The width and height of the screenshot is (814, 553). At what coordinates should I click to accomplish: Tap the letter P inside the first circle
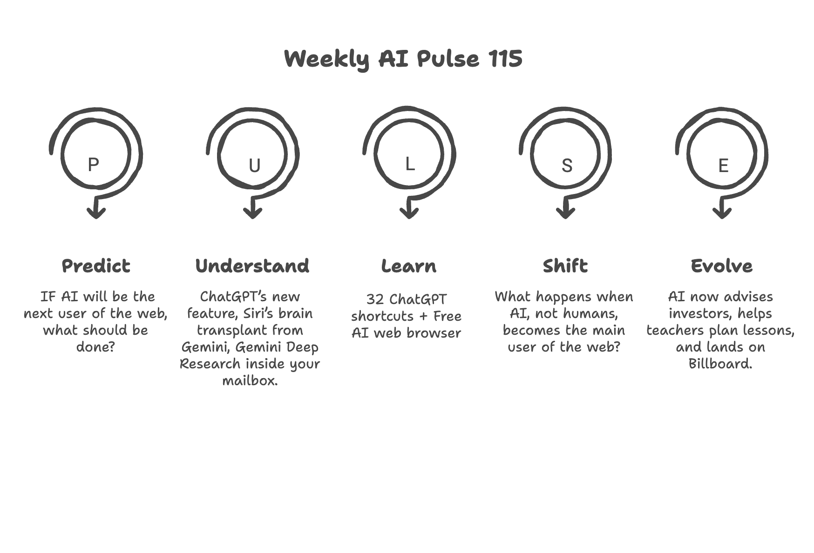[93, 165]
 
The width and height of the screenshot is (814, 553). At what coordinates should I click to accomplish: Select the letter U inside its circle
[254, 166]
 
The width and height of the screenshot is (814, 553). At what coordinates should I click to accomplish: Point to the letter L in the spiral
[410, 164]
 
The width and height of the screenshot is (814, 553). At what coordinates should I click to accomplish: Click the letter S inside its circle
[567, 166]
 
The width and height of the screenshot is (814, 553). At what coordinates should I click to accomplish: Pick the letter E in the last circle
[723, 166]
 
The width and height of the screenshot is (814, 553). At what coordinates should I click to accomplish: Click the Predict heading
[96, 266]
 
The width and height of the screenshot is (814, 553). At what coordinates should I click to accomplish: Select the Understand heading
[252, 266]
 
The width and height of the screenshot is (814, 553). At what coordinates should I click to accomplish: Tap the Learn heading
[409, 266]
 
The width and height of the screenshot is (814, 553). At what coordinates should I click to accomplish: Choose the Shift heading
[565, 266]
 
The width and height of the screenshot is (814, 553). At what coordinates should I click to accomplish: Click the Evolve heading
[722, 266]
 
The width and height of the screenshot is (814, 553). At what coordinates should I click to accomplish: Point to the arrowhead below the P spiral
[96, 213]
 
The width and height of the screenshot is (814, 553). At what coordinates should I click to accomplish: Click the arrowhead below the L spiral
[409, 213]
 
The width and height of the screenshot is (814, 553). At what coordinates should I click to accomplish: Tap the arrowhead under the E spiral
[722, 213]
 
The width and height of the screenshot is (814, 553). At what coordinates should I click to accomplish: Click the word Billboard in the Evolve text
[720, 363]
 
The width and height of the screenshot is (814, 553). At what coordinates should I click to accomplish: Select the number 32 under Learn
[374, 299]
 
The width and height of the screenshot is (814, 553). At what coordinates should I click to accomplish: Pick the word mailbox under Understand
[250, 380]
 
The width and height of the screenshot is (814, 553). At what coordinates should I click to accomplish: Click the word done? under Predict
[95, 347]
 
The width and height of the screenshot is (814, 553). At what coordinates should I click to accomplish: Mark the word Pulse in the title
[448, 59]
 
